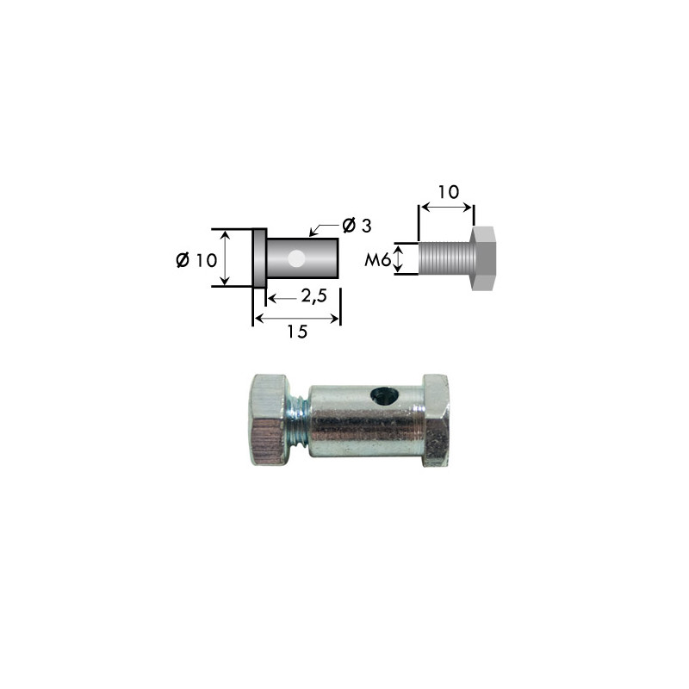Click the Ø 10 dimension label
(196, 260)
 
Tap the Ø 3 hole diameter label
(357, 226)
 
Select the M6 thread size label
(377, 260)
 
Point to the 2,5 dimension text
(313, 296)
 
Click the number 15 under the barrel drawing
(297, 332)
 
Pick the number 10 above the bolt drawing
(448, 191)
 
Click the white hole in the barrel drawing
(295, 259)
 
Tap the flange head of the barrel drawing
(259, 258)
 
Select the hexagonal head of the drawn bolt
(484, 258)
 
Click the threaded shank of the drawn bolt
(445, 258)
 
